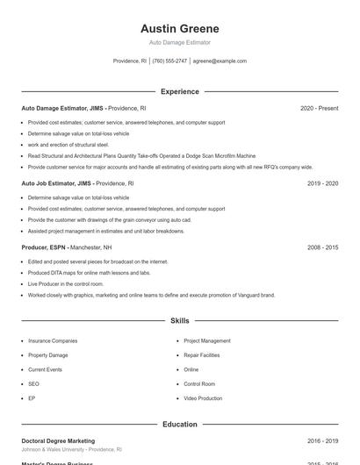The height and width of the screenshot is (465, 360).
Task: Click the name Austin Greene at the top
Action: pos(179,28)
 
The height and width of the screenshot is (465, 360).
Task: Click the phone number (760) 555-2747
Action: pos(169,61)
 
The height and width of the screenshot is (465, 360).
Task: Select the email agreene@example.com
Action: pos(220,61)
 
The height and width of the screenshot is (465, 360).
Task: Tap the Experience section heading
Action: pos(179,91)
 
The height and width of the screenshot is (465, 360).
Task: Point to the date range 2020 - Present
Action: pos(319,109)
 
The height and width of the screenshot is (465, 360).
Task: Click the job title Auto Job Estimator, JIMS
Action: pos(56,184)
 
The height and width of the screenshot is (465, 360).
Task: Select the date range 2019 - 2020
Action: pos(322,184)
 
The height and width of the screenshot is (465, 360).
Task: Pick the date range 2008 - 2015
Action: pos(322,247)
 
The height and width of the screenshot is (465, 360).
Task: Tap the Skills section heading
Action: pos(179,321)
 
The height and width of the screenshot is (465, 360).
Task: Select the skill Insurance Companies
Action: pos(53,340)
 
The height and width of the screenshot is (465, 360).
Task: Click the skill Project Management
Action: pos(207,340)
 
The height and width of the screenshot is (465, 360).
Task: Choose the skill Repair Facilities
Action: pos(203,355)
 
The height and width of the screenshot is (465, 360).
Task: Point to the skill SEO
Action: pos(33,383)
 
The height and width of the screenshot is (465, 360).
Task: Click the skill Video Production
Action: pos(203,398)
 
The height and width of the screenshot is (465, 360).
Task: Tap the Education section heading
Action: pos(179,425)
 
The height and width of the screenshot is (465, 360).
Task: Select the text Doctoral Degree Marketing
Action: pos(58,441)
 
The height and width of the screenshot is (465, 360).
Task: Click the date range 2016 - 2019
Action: pos(322,441)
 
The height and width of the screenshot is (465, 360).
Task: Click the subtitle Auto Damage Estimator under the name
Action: pos(179,42)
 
